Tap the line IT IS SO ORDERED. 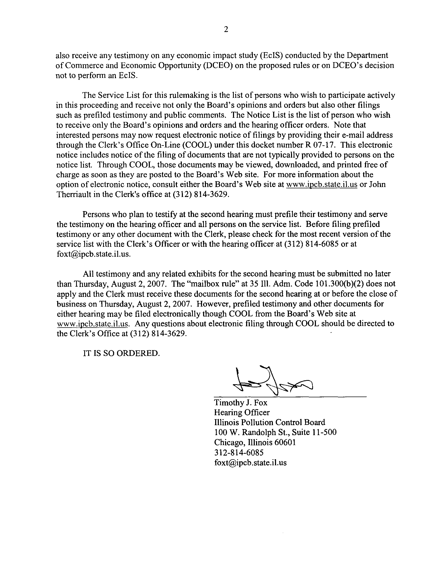121,353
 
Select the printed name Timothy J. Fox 240,403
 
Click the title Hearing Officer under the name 242,413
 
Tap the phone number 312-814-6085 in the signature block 239,453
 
